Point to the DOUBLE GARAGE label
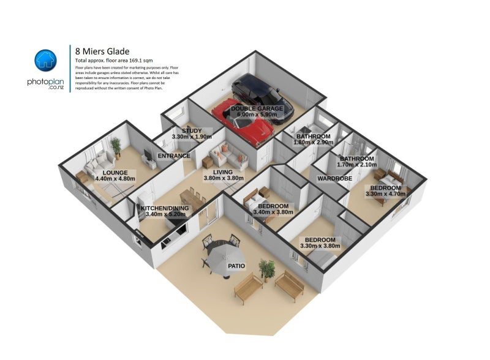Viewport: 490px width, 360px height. (257, 108)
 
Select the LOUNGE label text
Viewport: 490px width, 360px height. (115, 173)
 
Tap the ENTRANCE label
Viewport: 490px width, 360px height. (174, 156)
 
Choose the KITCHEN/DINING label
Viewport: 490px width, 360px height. (165, 208)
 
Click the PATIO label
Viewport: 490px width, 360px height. (236, 266)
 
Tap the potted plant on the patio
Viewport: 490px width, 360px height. (266, 267)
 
